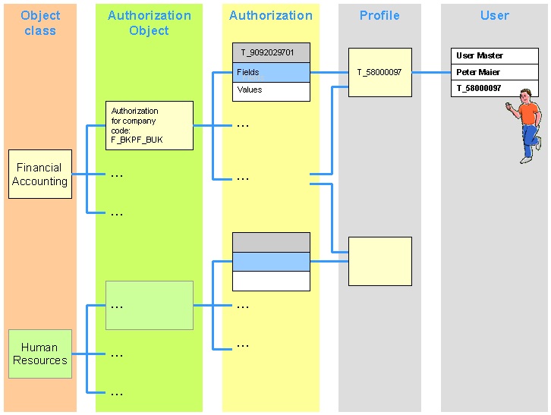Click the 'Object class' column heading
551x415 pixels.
[x=40, y=23]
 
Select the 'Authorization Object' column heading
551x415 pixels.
[x=150, y=23]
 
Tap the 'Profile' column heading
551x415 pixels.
[x=379, y=15]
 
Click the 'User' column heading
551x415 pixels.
[x=494, y=15]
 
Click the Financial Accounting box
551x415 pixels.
[x=40, y=174]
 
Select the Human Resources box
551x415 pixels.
[x=40, y=354]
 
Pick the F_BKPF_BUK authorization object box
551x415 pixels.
[x=150, y=125]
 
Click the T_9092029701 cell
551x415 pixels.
[x=271, y=52]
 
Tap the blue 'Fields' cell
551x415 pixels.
[x=271, y=72]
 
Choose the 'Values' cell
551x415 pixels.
[x=271, y=90]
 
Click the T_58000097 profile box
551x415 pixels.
[x=379, y=72]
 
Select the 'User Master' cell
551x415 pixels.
[x=494, y=55]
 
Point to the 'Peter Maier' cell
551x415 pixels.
[x=494, y=72]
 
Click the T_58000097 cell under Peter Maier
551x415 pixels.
[x=494, y=89]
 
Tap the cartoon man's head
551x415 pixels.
[x=525, y=96]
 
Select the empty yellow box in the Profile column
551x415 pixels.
[x=379, y=261]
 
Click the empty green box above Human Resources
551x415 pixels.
[x=150, y=305]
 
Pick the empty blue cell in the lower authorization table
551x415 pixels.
[x=271, y=262]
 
